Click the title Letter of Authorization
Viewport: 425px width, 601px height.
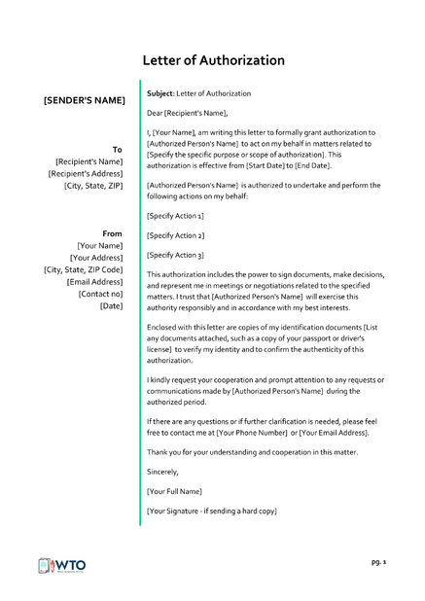tap(213, 60)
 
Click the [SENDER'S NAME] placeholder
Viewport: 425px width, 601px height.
tap(85, 100)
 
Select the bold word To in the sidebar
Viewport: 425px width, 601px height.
tap(117, 149)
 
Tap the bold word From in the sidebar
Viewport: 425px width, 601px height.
tap(112, 233)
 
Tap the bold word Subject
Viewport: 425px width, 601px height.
tap(159, 93)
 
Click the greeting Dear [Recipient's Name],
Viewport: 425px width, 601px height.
tap(194, 113)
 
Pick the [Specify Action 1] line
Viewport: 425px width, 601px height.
tap(175, 215)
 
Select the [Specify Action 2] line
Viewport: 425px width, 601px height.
tap(175, 235)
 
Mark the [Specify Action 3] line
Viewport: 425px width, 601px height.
tap(175, 255)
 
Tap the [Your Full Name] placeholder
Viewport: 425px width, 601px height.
tap(174, 491)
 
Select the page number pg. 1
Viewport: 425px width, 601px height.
tap(378, 562)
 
